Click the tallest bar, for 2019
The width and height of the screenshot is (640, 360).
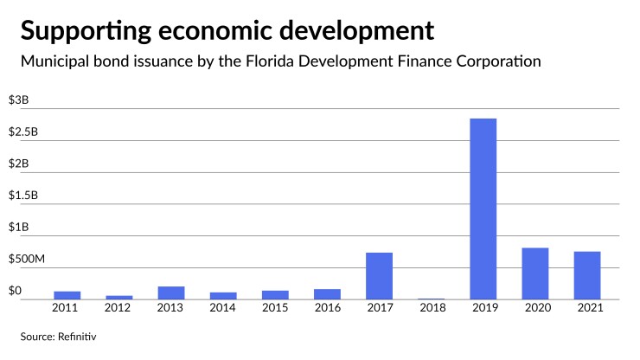(483, 209)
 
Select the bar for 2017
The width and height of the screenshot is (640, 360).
(379, 276)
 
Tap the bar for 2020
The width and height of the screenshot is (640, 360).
(534, 273)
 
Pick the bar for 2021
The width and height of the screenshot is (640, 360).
(586, 275)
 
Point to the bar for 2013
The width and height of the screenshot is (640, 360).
(170, 292)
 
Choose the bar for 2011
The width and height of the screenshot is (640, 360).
(67, 295)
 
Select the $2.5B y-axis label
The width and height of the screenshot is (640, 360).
(24, 132)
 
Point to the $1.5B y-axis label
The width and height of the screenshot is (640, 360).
(24, 196)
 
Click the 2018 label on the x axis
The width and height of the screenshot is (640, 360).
(431, 309)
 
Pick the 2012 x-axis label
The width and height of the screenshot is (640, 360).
(118, 309)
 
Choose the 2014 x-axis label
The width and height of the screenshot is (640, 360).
(222, 309)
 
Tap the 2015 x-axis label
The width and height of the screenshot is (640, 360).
(275, 309)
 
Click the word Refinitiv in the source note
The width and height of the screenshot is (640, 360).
(74, 336)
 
